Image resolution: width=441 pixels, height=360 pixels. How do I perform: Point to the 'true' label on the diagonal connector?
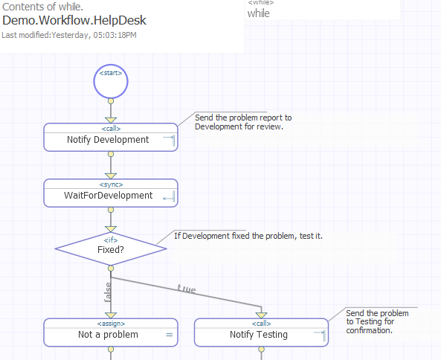pyautogui.click(x=186, y=289)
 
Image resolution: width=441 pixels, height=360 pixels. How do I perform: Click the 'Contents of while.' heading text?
pyautogui.click(x=43, y=7)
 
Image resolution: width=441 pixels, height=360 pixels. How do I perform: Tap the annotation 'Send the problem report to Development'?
pyautogui.click(x=242, y=122)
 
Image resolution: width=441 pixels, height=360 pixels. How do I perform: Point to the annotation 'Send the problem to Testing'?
pyautogui.click(x=377, y=321)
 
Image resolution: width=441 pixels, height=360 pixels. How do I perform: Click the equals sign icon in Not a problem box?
pyautogui.click(x=169, y=335)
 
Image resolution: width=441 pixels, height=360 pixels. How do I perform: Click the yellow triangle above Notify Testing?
pyautogui.click(x=261, y=315)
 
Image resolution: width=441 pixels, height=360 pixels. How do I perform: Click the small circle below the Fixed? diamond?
pyautogui.click(x=111, y=268)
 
